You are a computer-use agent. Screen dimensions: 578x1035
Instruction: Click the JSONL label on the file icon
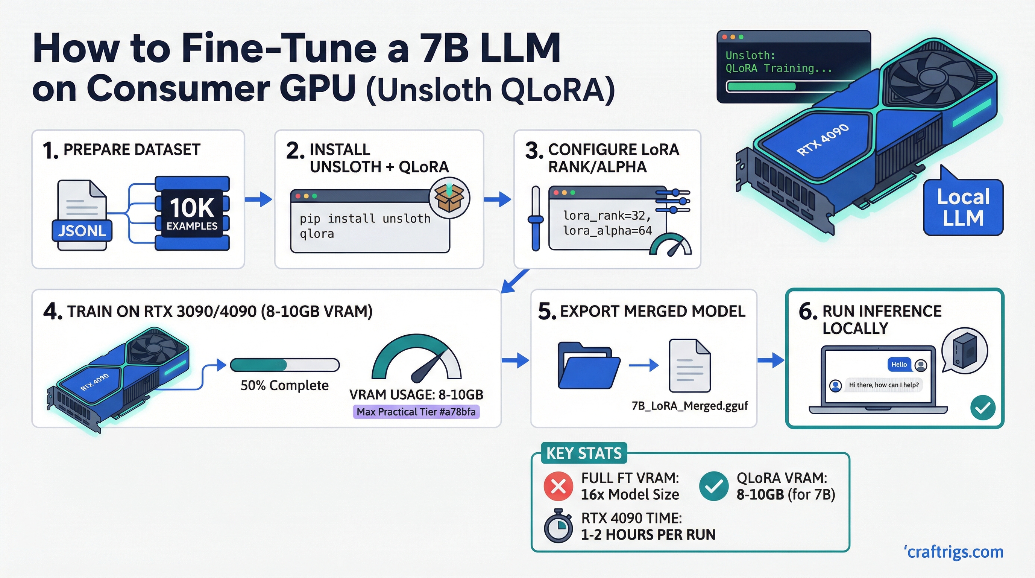coord(82,231)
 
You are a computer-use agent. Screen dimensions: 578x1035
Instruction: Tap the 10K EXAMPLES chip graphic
coord(192,213)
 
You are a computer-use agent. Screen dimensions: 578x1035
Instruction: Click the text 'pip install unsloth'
coord(365,218)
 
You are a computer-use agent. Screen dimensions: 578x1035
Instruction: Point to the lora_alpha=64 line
coord(607,230)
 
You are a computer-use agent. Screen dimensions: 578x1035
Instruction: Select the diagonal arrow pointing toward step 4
coord(515,281)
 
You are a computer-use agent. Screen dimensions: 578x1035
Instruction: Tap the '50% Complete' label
coord(284,385)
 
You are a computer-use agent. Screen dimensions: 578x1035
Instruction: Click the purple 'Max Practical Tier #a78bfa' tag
coord(416,412)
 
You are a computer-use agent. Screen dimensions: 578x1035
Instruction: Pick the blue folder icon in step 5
coord(588,365)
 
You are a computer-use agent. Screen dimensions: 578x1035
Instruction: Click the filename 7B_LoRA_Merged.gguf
coord(689,406)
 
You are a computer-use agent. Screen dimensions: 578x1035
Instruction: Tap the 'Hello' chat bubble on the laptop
coord(899,364)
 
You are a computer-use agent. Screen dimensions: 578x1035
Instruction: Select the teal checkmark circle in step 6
coord(982,408)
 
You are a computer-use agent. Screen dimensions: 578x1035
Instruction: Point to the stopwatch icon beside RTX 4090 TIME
coord(558,526)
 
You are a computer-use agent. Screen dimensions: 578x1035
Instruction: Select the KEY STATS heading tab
coord(583,453)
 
